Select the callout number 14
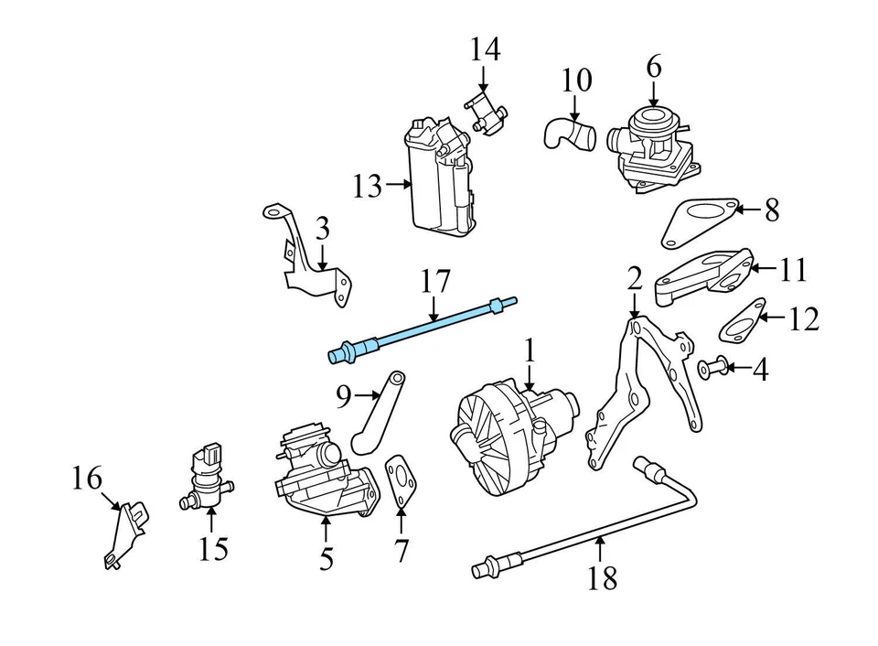tap(485, 49)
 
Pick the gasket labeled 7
tap(400, 481)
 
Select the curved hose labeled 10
tap(567, 135)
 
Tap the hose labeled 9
tap(378, 415)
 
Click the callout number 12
tap(804, 320)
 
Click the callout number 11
tap(794, 270)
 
